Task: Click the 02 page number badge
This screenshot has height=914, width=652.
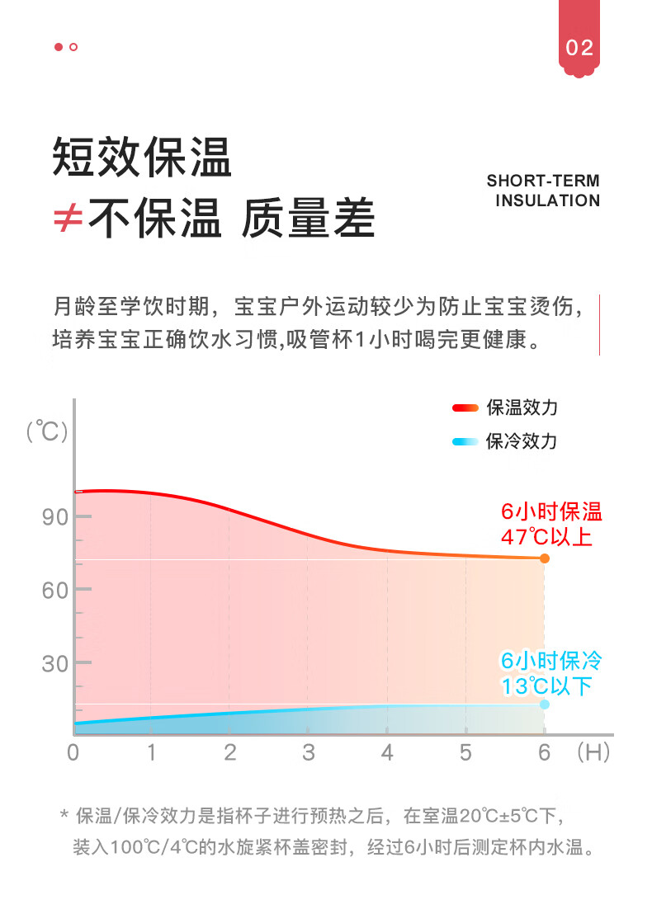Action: coord(579,48)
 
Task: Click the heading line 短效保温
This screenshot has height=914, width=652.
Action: coord(142,157)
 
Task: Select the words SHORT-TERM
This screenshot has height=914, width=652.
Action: coord(543,181)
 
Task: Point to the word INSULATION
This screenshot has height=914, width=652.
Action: coord(547,200)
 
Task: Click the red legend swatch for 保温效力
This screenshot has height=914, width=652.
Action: coord(465,408)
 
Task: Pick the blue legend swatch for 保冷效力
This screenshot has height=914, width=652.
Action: coord(465,441)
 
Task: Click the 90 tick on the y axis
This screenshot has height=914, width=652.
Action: coord(54,517)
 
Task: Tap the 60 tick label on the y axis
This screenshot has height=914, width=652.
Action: coord(54,590)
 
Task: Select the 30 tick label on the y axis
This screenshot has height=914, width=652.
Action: coord(54,663)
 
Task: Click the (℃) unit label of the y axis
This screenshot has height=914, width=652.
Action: coord(46,431)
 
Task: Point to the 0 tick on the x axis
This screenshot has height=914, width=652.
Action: coord(73,752)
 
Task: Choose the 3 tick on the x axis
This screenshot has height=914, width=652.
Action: coord(309,752)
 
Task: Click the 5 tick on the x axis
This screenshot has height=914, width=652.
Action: coord(465,752)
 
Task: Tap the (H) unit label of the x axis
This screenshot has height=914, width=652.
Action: coord(593,752)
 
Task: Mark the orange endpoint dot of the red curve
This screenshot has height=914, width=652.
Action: coord(545,558)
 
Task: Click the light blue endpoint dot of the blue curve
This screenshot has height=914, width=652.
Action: coord(545,704)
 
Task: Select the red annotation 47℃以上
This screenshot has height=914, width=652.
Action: coord(546,537)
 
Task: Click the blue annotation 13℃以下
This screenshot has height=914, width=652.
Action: coord(546,685)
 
